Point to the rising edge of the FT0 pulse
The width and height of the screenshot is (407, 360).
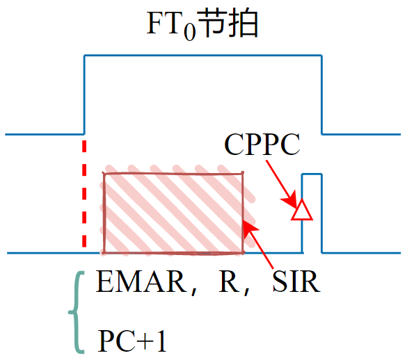84,94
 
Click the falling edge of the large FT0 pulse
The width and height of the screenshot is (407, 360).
321,94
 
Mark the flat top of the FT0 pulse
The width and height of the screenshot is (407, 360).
202,54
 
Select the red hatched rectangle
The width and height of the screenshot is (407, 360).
173,213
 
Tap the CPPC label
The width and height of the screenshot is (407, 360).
262,145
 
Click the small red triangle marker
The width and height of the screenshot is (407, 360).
301,211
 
